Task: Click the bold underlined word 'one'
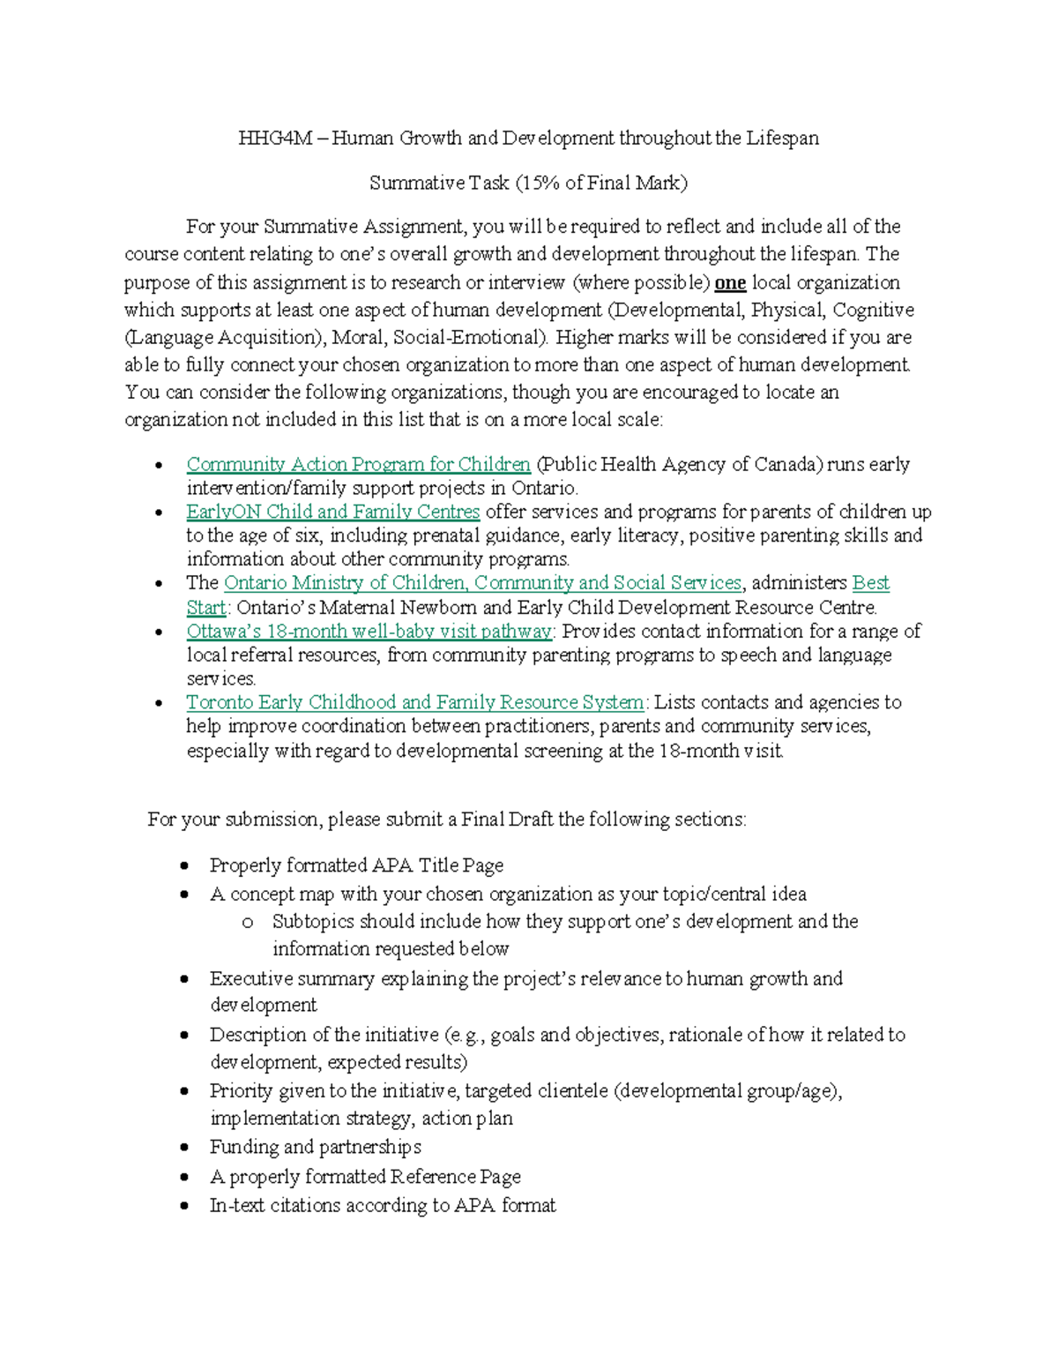coord(730,283)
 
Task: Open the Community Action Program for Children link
coord(358,465)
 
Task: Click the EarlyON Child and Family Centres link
coord(332,512)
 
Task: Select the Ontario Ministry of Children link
coord(482,583)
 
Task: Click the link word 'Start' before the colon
coord(205,608)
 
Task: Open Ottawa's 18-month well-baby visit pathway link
coord(369,632)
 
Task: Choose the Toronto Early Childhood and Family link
coord(414,702)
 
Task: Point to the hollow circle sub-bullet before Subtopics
coord(248,923)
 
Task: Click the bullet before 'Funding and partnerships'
coord(184,1148)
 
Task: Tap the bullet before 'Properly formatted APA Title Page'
coord(184,866)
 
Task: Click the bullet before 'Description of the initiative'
coord(184,1036)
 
